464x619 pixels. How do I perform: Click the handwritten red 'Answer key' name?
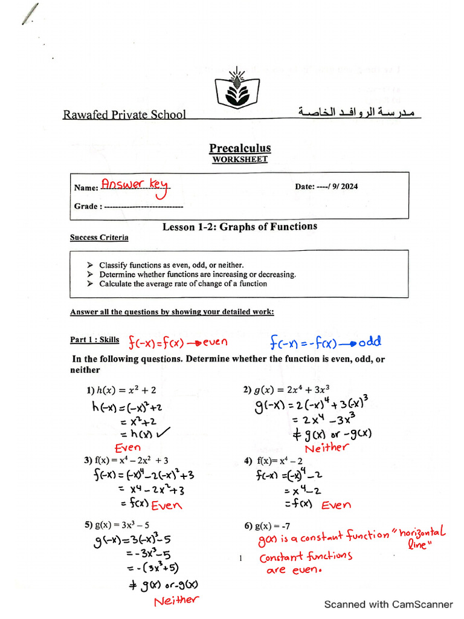136,186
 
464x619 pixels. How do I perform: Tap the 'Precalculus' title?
240,148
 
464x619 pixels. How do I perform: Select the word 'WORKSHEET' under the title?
240,160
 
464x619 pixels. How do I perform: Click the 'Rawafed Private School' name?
124,114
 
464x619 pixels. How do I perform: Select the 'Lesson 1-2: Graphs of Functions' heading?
240,227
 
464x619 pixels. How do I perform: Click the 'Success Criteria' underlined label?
99,238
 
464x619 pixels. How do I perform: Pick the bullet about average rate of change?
182,284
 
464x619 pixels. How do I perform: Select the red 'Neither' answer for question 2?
327,448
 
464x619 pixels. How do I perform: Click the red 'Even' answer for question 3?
166,505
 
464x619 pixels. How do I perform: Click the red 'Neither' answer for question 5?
176,600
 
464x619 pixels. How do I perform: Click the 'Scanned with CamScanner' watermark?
388,604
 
